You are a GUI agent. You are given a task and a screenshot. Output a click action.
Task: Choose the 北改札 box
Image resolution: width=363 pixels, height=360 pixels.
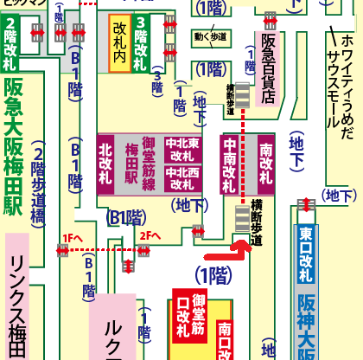[106, 164]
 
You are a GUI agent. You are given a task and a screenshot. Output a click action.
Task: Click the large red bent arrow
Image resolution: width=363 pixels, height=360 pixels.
[226, 251]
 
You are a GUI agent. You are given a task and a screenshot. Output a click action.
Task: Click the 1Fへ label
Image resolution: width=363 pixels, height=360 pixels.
[71, 236]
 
